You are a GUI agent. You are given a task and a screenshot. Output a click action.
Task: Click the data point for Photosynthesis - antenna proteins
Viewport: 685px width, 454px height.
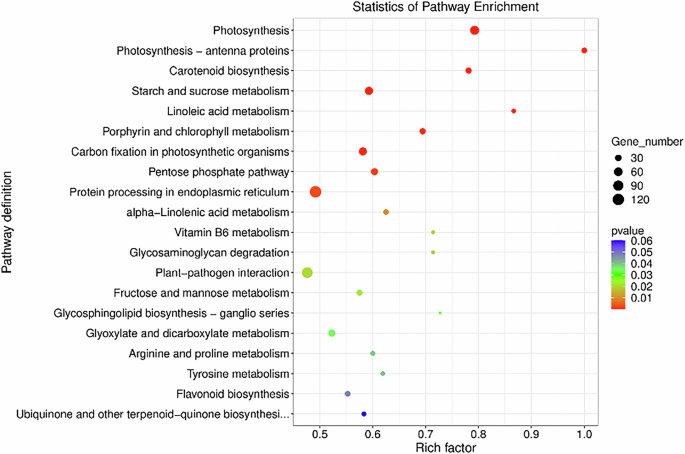584,51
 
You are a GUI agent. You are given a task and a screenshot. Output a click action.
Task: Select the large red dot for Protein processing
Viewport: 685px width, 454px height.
316,192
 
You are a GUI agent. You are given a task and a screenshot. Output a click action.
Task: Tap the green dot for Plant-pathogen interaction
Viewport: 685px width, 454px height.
308,273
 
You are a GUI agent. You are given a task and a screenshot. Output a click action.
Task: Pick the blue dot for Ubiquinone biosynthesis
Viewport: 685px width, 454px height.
364,414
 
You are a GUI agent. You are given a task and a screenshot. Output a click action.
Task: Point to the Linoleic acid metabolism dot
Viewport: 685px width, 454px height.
514,111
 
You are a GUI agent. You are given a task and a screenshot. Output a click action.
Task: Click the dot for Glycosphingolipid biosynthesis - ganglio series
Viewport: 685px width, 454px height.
440,313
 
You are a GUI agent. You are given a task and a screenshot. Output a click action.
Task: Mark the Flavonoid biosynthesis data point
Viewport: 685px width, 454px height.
348,394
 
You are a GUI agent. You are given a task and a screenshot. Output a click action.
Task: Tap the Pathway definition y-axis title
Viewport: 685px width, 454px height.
9,220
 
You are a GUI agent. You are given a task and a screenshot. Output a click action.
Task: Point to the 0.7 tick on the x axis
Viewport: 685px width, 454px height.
426,434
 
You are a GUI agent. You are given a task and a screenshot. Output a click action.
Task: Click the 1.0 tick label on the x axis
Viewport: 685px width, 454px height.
585,434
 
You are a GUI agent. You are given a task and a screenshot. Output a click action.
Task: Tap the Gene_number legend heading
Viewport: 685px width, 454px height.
647,143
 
